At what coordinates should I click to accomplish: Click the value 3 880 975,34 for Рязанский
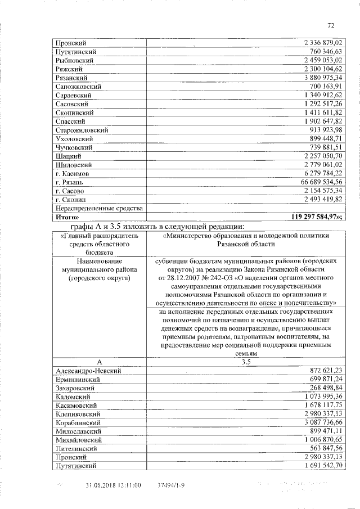click(322, 77)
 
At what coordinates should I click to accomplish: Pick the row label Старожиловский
click(82, 130)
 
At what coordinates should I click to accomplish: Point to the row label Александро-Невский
click(88, 371)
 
